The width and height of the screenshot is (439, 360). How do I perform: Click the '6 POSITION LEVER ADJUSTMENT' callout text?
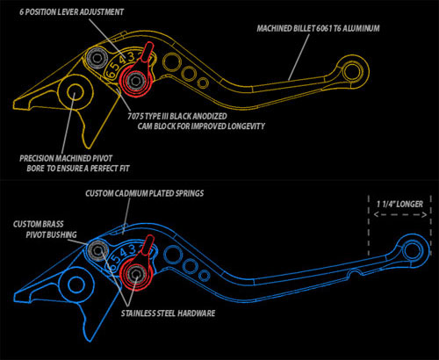click(71, 12)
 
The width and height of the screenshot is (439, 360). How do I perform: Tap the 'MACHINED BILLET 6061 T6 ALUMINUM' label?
click(318, 28)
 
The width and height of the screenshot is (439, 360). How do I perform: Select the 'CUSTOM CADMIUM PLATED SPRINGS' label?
click(145, 193)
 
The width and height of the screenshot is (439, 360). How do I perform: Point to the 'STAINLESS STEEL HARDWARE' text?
click(169, 313)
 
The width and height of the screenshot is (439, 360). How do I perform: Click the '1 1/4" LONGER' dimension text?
click(399, 204)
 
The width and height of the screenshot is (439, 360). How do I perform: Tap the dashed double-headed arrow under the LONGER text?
click(400, 215)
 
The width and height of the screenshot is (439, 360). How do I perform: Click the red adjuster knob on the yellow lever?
click(137, 73)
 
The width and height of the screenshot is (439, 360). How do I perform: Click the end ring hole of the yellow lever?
click(352, 72)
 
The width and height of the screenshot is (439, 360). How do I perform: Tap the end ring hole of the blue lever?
click(413, 251)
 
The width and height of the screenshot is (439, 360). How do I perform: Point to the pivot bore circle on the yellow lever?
click(75, 92)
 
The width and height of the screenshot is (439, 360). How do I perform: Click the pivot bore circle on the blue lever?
click(76, 284)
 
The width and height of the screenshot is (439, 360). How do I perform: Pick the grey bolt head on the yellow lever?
click(97, 58)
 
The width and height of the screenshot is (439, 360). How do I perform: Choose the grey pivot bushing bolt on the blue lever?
click(97, 250)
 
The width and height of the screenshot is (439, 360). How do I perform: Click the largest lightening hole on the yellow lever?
click(171, 62)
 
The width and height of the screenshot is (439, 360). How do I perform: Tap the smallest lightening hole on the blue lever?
click(204, 276)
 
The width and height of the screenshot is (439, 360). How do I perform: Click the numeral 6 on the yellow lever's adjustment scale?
click(111, 72)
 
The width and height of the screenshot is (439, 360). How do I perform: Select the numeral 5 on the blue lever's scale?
click(116, 258)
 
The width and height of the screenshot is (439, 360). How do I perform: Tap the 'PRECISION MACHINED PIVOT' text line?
click(66, 159)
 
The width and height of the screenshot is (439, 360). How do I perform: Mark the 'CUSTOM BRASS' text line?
click(39, 224)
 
